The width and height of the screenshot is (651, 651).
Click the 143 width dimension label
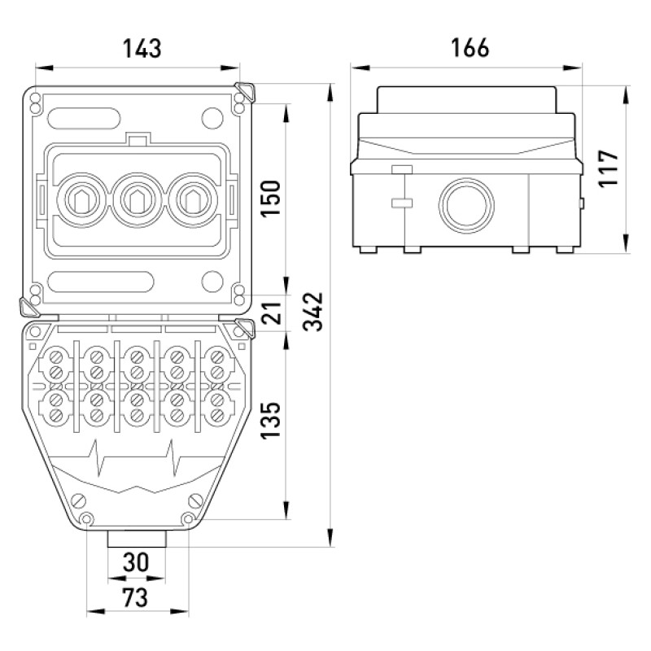tap(142, 48)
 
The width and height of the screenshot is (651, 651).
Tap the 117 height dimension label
tap(609, 168)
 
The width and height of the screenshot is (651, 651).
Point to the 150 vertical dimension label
tap(270, 199)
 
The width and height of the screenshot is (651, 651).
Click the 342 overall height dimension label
tap(312, 312)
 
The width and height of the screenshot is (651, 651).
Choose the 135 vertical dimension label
tap(270, 420)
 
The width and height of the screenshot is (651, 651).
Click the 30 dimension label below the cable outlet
tap(136, 562)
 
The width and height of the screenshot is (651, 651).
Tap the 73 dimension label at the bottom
tap(135, 598)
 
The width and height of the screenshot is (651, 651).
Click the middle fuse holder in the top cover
tap(138, 200)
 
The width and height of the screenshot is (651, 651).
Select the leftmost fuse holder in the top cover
tap(82, 200)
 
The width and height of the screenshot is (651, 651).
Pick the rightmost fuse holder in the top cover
tap(193, 200)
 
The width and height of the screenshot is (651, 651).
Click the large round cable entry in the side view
tap(466, 206)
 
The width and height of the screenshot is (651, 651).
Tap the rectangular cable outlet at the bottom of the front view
tap(137, 539)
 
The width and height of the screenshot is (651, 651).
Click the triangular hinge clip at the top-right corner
tap(245, 91)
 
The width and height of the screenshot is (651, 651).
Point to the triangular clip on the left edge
tap(29, 308)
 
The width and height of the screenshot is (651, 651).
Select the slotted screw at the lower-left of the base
tap(79, 501)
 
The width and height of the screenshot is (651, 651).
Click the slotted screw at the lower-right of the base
tap(195, 501)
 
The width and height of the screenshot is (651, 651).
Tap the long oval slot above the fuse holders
tap(85, 118)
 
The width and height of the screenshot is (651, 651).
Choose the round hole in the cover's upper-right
tap(212, 118)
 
